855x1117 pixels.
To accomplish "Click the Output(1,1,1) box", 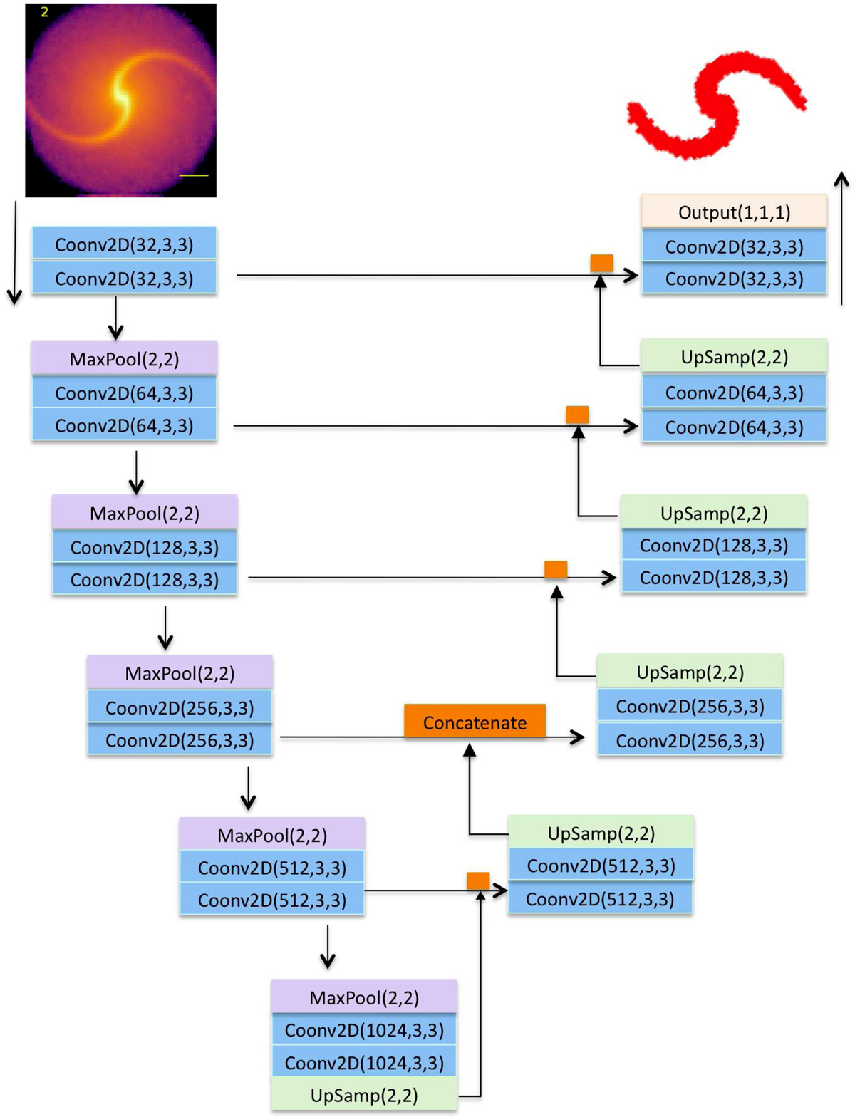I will click(734, 212).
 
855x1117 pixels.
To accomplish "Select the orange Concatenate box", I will click(475, 722).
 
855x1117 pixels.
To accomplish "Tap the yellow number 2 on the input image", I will click(44, 12).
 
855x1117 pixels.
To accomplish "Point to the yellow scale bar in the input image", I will click(193, 175).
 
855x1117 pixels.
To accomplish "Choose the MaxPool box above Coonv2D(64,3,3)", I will click(124, 358).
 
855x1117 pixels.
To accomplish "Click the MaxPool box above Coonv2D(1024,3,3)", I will click(363, 997).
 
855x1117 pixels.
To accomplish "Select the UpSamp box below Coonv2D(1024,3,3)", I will click(363, 1095).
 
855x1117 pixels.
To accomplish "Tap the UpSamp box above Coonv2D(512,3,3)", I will click(601, 833).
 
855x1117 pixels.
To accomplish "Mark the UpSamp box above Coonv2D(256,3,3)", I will click(690, 672).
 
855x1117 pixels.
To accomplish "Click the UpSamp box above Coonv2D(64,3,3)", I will click(734, 356).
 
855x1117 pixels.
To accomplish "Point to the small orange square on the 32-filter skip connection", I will click(601, 263).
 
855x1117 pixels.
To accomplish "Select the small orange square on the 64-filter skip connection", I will click(577, 414).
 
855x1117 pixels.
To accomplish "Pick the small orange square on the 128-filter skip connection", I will click(556, 569).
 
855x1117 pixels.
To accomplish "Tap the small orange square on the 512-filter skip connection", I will click(477, 880).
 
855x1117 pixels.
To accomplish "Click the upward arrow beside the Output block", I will click(842, 239).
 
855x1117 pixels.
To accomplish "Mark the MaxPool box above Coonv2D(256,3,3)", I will click(180, 672).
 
